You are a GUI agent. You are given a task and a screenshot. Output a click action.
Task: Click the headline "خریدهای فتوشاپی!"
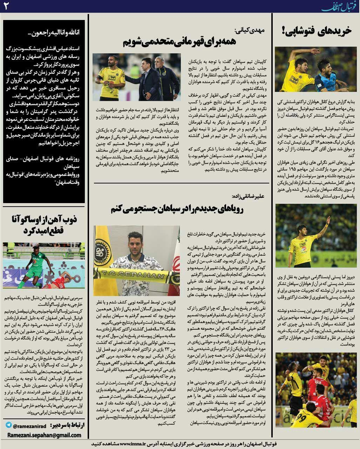316,32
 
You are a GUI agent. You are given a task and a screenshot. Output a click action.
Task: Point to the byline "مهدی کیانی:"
253,30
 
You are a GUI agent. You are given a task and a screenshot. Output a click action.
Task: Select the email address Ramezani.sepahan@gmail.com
44,435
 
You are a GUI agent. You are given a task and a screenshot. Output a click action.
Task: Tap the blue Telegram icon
8,425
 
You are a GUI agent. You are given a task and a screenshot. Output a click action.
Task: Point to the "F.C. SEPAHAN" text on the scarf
137,272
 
